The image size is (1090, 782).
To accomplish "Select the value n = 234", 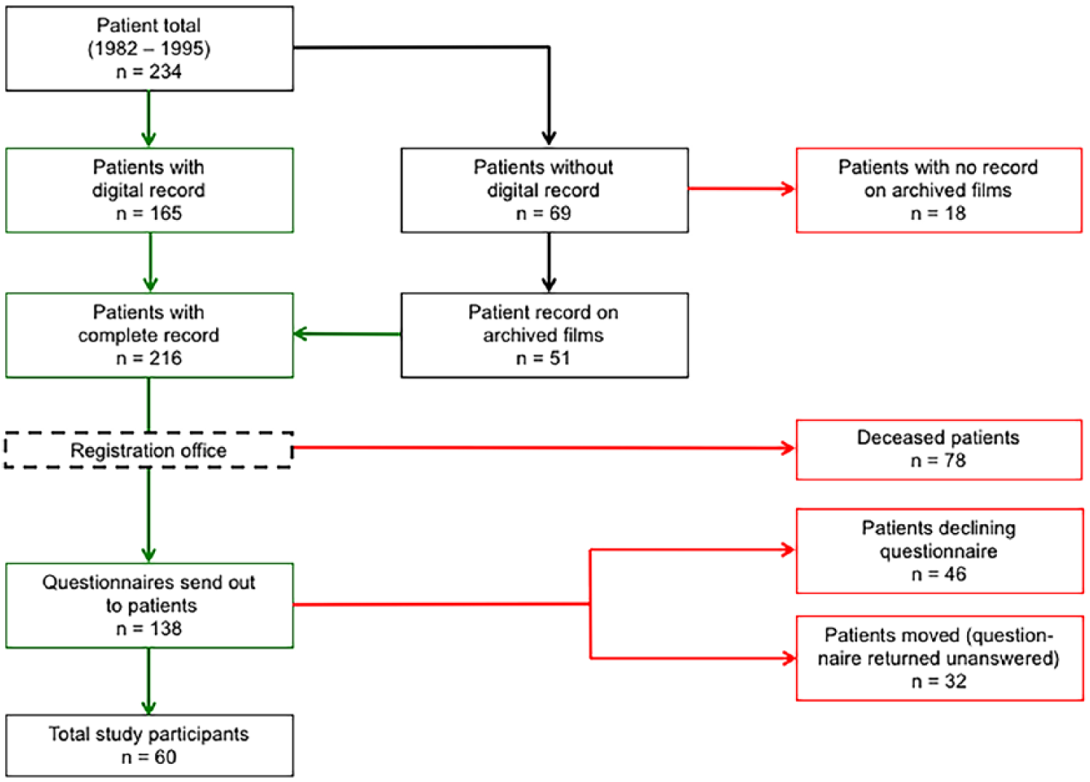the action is point(149,71).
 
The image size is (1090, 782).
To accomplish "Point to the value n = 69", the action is point(544,213).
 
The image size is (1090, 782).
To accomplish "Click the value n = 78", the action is point(938,460).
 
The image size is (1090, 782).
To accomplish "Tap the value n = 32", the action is point(939,682).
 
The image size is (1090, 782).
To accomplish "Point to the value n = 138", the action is point(149,628).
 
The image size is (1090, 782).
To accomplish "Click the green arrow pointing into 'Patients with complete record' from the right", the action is point(347,334).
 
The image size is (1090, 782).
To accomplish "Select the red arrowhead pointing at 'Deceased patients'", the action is point(788,448).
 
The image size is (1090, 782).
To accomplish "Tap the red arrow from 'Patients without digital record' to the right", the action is point(742,189).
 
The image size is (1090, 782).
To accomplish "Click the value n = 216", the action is point(149,358).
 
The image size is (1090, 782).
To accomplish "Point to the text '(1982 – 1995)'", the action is point(149,49).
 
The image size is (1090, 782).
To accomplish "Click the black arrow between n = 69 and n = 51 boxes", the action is point(549,262).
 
